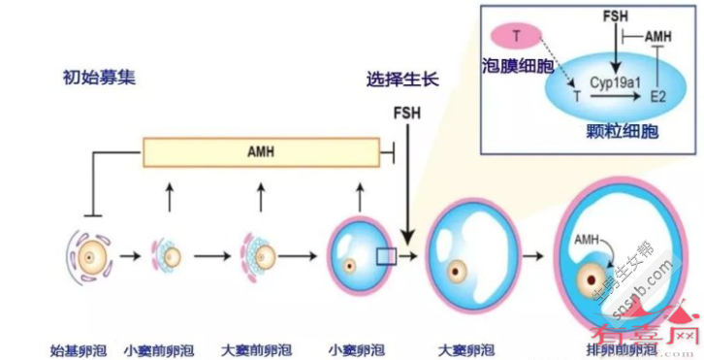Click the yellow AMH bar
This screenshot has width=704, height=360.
(x=260, y=152)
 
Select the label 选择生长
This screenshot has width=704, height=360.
(x=402, y=79)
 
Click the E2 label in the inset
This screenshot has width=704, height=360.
(x=659, y=97)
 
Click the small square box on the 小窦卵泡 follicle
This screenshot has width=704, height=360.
(x=386, y=255)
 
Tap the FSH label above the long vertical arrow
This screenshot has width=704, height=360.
(x=408, y=113)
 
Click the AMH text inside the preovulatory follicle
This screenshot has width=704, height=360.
(x=588, y=239)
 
